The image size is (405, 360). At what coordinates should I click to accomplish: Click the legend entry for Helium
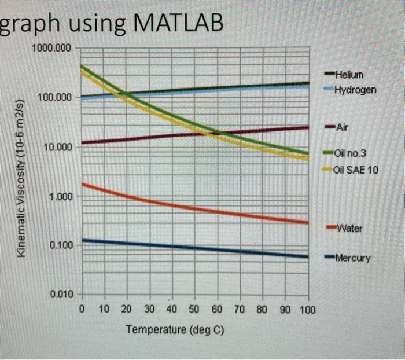point(351,75)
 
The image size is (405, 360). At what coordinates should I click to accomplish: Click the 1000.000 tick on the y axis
point(53,47)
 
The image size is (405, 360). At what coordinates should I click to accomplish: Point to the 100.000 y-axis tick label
point(56,97)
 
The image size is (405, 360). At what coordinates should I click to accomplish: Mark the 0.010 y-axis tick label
point(61,295)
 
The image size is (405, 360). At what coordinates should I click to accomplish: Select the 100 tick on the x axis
point(307,310)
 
